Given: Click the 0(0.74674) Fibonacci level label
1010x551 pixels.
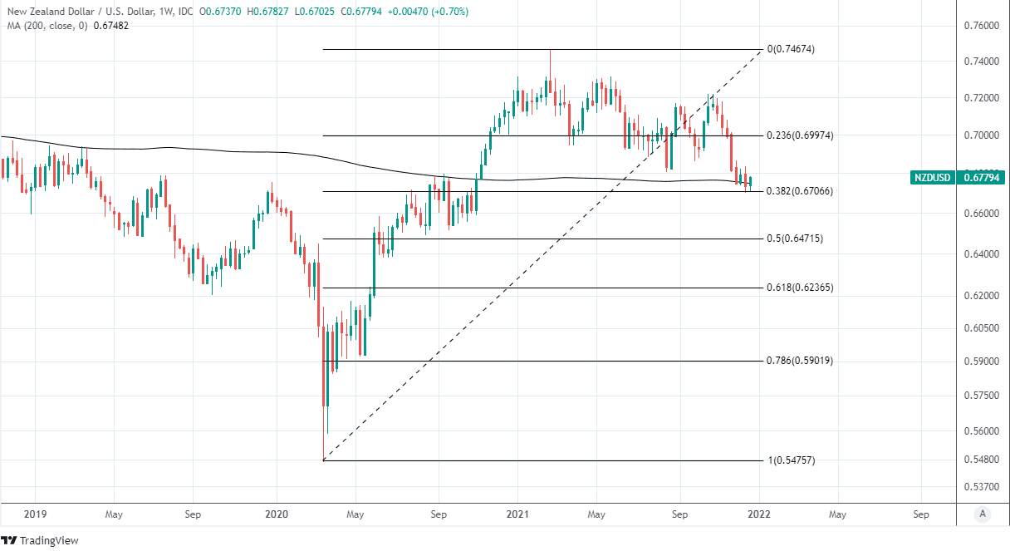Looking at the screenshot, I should (790, 49).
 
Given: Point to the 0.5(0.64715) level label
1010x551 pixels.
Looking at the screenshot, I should (794, 239).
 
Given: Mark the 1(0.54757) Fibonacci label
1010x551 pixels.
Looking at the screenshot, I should (790, 460).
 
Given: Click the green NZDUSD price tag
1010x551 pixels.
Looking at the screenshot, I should (959, 177).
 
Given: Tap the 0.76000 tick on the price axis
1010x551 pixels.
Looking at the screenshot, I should (983, 26).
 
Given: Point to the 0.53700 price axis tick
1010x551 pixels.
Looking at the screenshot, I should (983, 486).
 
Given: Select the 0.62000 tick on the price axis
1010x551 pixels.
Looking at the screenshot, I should (983, 295).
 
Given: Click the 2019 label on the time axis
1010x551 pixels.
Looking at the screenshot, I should (36, 514).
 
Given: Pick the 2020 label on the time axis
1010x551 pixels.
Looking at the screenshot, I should (277, 514).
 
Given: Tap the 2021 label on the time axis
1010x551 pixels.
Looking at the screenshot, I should (517, 514).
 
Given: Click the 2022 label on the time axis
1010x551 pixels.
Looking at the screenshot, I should (758, 514).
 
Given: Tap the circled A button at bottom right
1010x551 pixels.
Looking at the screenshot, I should (983, 514).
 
